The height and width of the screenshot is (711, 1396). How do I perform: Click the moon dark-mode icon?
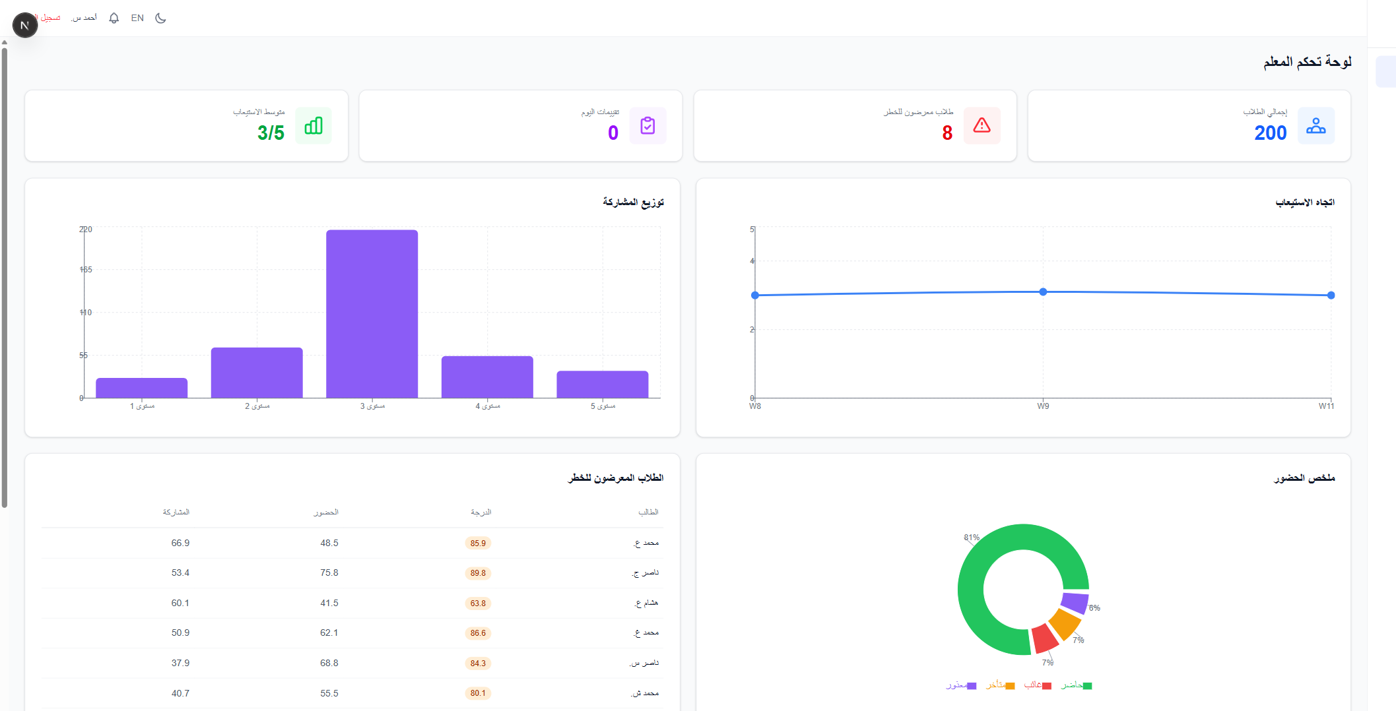pos(160,18)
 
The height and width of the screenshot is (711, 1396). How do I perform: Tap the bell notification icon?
pos(114,18)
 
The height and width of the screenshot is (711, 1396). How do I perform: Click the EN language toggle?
pos(137,18)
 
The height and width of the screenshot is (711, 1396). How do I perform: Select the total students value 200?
pos(1270,133)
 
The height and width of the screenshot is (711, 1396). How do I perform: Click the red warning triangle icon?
pos(981,125)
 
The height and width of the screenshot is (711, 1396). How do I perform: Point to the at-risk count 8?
pos(947,133)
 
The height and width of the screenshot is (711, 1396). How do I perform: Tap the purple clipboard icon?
pos(648,125)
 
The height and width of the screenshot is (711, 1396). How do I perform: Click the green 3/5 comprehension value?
pos(271,133)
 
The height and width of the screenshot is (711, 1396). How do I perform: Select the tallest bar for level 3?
pos(372,313)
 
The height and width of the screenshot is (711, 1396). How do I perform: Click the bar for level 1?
pos(141,388)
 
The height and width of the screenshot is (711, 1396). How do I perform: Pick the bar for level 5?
pos(602,384)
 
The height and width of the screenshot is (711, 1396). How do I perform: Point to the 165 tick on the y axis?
pos(86,270)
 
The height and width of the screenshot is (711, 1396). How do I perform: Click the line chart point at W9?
pos(1043,292)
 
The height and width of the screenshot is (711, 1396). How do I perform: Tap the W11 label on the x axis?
pos(1326,406)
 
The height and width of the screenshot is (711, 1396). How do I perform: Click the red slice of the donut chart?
pos(1044,638)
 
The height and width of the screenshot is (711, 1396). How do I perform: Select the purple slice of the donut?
pos(1074,602)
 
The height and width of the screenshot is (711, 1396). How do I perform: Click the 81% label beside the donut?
pos(972,538)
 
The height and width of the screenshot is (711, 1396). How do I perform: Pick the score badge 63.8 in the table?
pos(478,603)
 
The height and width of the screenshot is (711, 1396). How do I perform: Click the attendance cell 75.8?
pos(329,573)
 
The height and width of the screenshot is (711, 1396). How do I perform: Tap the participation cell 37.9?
pos(180,663)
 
